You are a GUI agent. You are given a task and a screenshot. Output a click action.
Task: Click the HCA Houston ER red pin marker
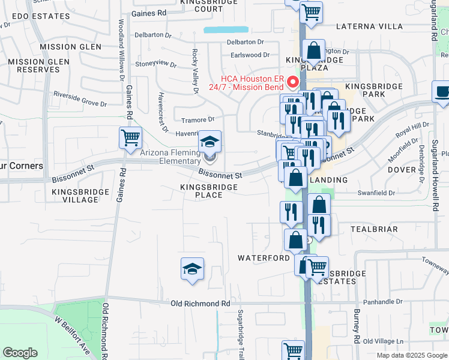(x=294, y=82)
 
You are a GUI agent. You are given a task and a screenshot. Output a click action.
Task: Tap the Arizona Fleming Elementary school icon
(x=209, y=142)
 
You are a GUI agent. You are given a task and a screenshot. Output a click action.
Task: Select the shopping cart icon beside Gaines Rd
(x=130, y=138)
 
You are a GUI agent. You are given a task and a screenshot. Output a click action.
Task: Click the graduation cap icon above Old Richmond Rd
(x=192, y=269)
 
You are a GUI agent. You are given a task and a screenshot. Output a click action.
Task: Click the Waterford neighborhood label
(x=264, y=258)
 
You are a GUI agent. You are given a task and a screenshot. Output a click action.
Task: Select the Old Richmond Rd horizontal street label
(x=200, y=304)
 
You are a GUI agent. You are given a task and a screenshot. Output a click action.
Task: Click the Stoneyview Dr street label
(x=155, y=64)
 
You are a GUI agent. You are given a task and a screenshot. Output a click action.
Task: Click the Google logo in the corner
(x=20, y=353)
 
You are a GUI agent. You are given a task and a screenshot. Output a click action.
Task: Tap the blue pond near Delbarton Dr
(x=225, y=29)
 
